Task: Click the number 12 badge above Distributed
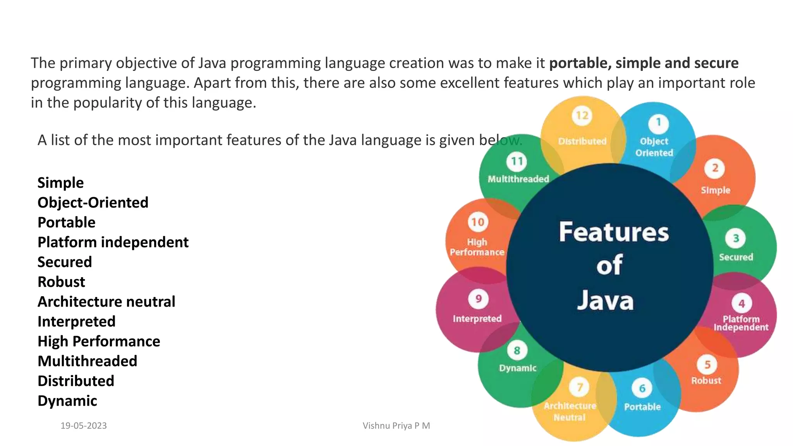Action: (x=582, y=116)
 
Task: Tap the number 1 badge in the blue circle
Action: (x=658, y=122)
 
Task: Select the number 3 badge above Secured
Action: (x=736, y=238)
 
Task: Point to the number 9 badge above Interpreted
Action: (x=479, y=299)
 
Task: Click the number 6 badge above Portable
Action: (x=642, y=388)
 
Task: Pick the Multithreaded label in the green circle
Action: (x=518, y=179)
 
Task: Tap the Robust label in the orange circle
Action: (x=706, y=381)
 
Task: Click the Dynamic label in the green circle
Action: (x=517, y=368)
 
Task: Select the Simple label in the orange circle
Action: (x=715, y=190)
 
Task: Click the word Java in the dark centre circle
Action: (x=606, y=300)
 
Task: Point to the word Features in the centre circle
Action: (x=614, y=232)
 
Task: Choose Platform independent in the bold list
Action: (x=113, y=242)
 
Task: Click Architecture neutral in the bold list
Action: (x=106, y=302)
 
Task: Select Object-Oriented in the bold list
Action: (x=93, y=202)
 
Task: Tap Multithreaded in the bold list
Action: (x=87, y=361)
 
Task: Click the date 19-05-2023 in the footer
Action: (x=84, y=425)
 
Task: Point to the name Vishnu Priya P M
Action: (x=396, y=425)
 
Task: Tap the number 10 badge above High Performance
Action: (x=478, y=222)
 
